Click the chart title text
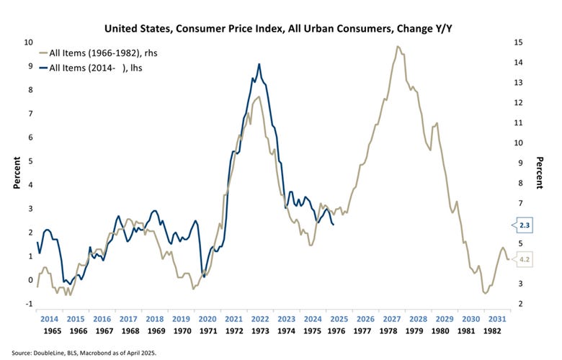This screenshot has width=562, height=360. pos(281,29)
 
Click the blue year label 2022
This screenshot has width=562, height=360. pos(259,318)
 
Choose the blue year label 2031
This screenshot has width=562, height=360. pos(493,318)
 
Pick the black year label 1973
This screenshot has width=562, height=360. pos(259,331)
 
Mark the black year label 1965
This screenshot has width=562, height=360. pos(50,331)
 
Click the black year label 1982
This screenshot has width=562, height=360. pos(493,331)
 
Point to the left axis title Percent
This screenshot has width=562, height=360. pos(16,174)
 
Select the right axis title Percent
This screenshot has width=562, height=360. pos(540,174)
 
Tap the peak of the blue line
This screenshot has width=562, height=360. pos(259,64)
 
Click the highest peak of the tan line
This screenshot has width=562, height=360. pos(397,47)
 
